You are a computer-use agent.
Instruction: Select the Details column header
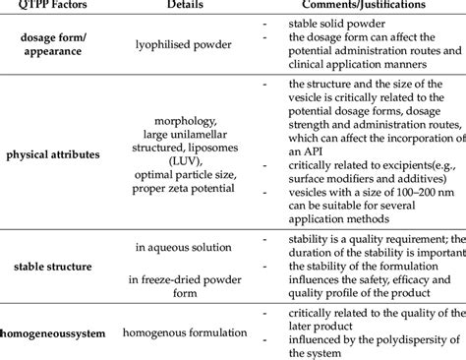point(175,5)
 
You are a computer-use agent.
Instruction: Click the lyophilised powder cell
point(177,44)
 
